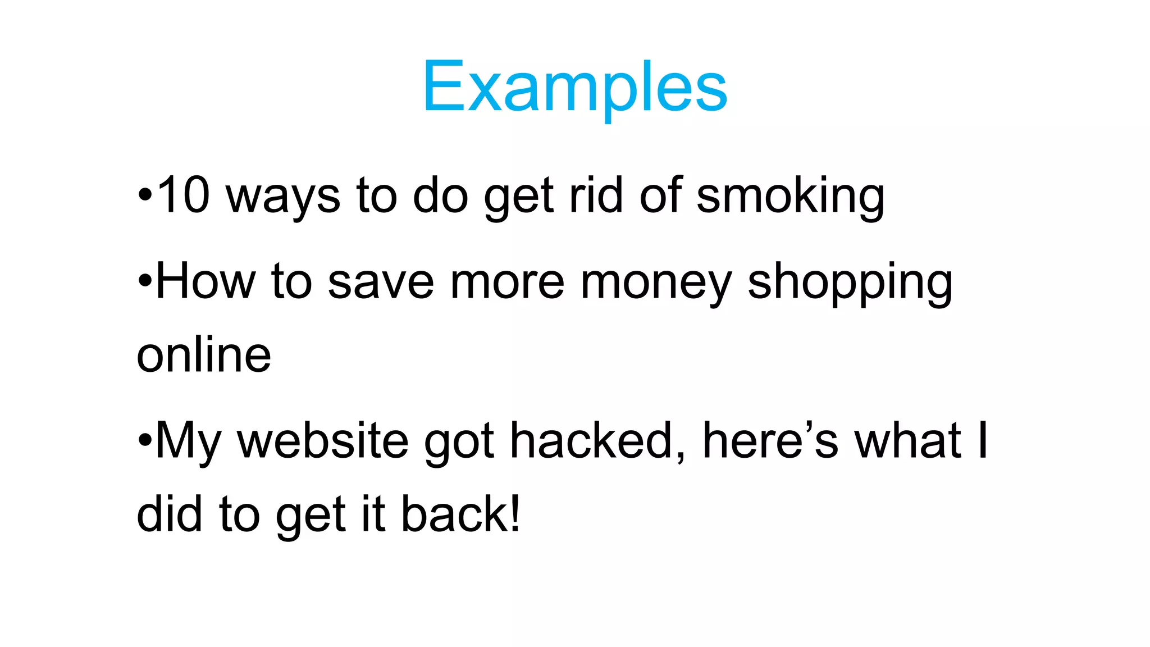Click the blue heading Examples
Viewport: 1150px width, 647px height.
[574, 87]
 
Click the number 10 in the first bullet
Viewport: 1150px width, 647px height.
[184, 195]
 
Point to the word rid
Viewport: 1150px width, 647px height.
[596, 195]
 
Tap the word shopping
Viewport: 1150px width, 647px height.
[850, 284]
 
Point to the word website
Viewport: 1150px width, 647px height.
[322, 440]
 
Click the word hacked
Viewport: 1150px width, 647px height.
[597, 440]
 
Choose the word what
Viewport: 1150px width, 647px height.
[908, 440]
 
